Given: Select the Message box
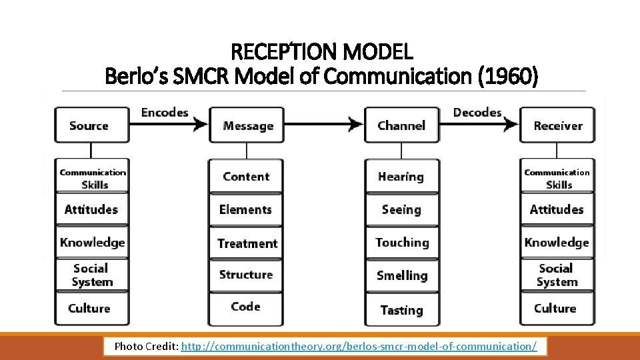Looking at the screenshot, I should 247,125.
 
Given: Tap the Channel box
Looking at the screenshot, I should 401,125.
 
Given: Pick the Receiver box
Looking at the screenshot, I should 557,125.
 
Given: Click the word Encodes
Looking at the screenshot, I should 165,112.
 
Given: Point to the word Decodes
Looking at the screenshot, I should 477,112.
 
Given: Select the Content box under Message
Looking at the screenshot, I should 246,177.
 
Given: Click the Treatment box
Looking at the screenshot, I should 247,243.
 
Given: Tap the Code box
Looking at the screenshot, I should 245,307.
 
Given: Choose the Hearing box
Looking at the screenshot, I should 401,177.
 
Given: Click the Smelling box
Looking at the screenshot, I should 401,275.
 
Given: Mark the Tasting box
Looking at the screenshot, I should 401,310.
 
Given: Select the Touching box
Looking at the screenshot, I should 402,243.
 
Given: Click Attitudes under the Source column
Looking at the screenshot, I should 91,209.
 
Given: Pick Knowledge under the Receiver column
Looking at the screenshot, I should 557,243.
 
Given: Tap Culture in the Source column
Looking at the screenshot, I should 89,308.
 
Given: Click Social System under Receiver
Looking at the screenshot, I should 557,275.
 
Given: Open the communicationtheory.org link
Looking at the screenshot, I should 359,347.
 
